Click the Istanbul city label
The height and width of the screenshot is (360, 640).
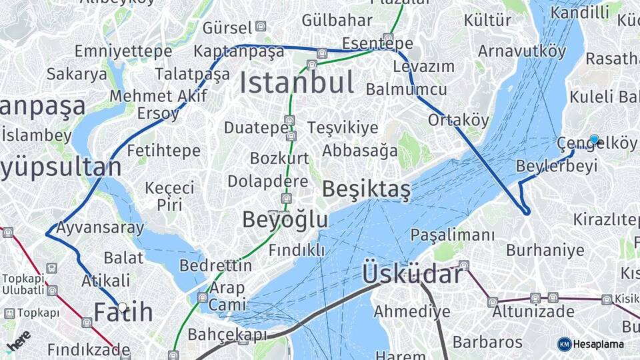[x=297, y=83]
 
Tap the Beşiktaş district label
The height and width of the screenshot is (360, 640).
[x=366, y=189]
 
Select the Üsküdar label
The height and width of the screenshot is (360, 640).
[x=411, y=274]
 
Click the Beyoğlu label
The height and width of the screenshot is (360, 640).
[x=285, y=220]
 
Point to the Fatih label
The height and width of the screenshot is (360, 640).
[x=123, y=312]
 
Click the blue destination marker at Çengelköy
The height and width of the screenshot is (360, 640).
[x=594, y=139]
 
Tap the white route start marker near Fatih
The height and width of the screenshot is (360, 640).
[x=123, y=307]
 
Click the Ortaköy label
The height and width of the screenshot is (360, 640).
[x=458, y=120]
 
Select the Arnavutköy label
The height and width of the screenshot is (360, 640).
[x=522, y=51]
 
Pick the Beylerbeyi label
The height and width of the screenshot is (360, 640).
[x=557, y=166]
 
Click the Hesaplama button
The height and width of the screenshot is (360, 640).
[x=591, y=344]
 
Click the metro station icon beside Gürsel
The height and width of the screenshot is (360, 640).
[x=261, y=27]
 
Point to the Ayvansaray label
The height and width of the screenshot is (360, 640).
[x=100, y=228]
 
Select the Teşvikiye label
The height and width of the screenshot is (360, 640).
[x=343, y=127]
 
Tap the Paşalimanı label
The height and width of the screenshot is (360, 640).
[x=453, y=235]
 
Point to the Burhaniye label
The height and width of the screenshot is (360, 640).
[x=545, y=251]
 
